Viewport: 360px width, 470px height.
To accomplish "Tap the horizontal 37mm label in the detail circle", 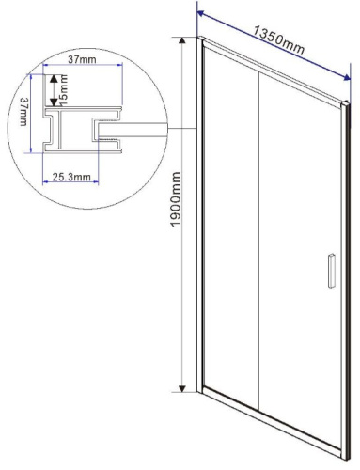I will [84, 60].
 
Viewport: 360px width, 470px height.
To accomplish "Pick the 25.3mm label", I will [71, 176].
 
